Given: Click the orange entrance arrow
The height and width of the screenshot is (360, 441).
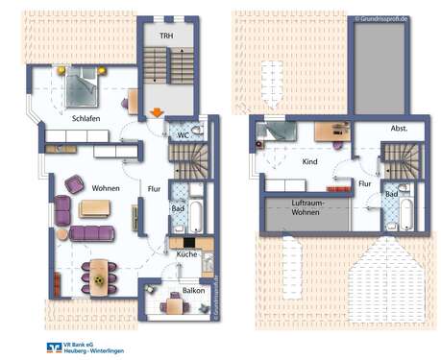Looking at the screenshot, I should click(157, 112).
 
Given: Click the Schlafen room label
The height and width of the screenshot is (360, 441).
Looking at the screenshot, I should click(86, 118).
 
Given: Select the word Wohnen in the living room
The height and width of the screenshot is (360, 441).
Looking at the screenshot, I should click(106, 188).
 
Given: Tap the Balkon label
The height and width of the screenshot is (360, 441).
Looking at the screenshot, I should click(193, 289).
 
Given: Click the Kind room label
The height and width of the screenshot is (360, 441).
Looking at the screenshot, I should click(309, 161).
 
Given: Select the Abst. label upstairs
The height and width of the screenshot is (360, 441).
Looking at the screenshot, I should click(400, 129).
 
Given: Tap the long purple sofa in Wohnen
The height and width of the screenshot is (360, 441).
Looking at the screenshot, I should click(92, 232).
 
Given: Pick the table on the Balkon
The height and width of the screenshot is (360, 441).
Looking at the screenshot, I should click(173, 305).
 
